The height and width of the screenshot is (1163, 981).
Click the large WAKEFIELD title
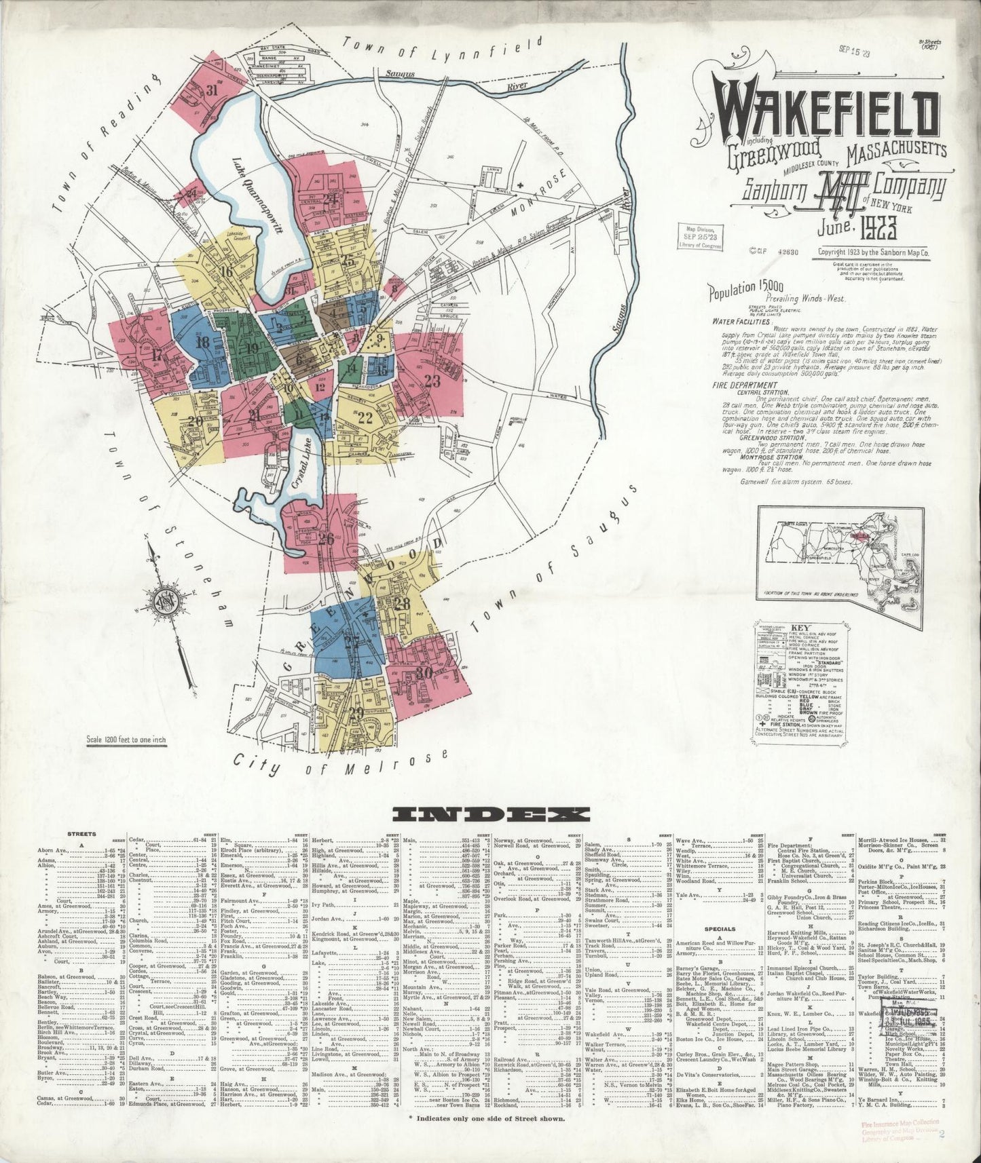(826, 114)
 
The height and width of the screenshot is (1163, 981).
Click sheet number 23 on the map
(432, 381)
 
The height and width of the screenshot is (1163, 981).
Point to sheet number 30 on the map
(425, 673)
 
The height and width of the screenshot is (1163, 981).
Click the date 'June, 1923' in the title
(862, 231)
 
